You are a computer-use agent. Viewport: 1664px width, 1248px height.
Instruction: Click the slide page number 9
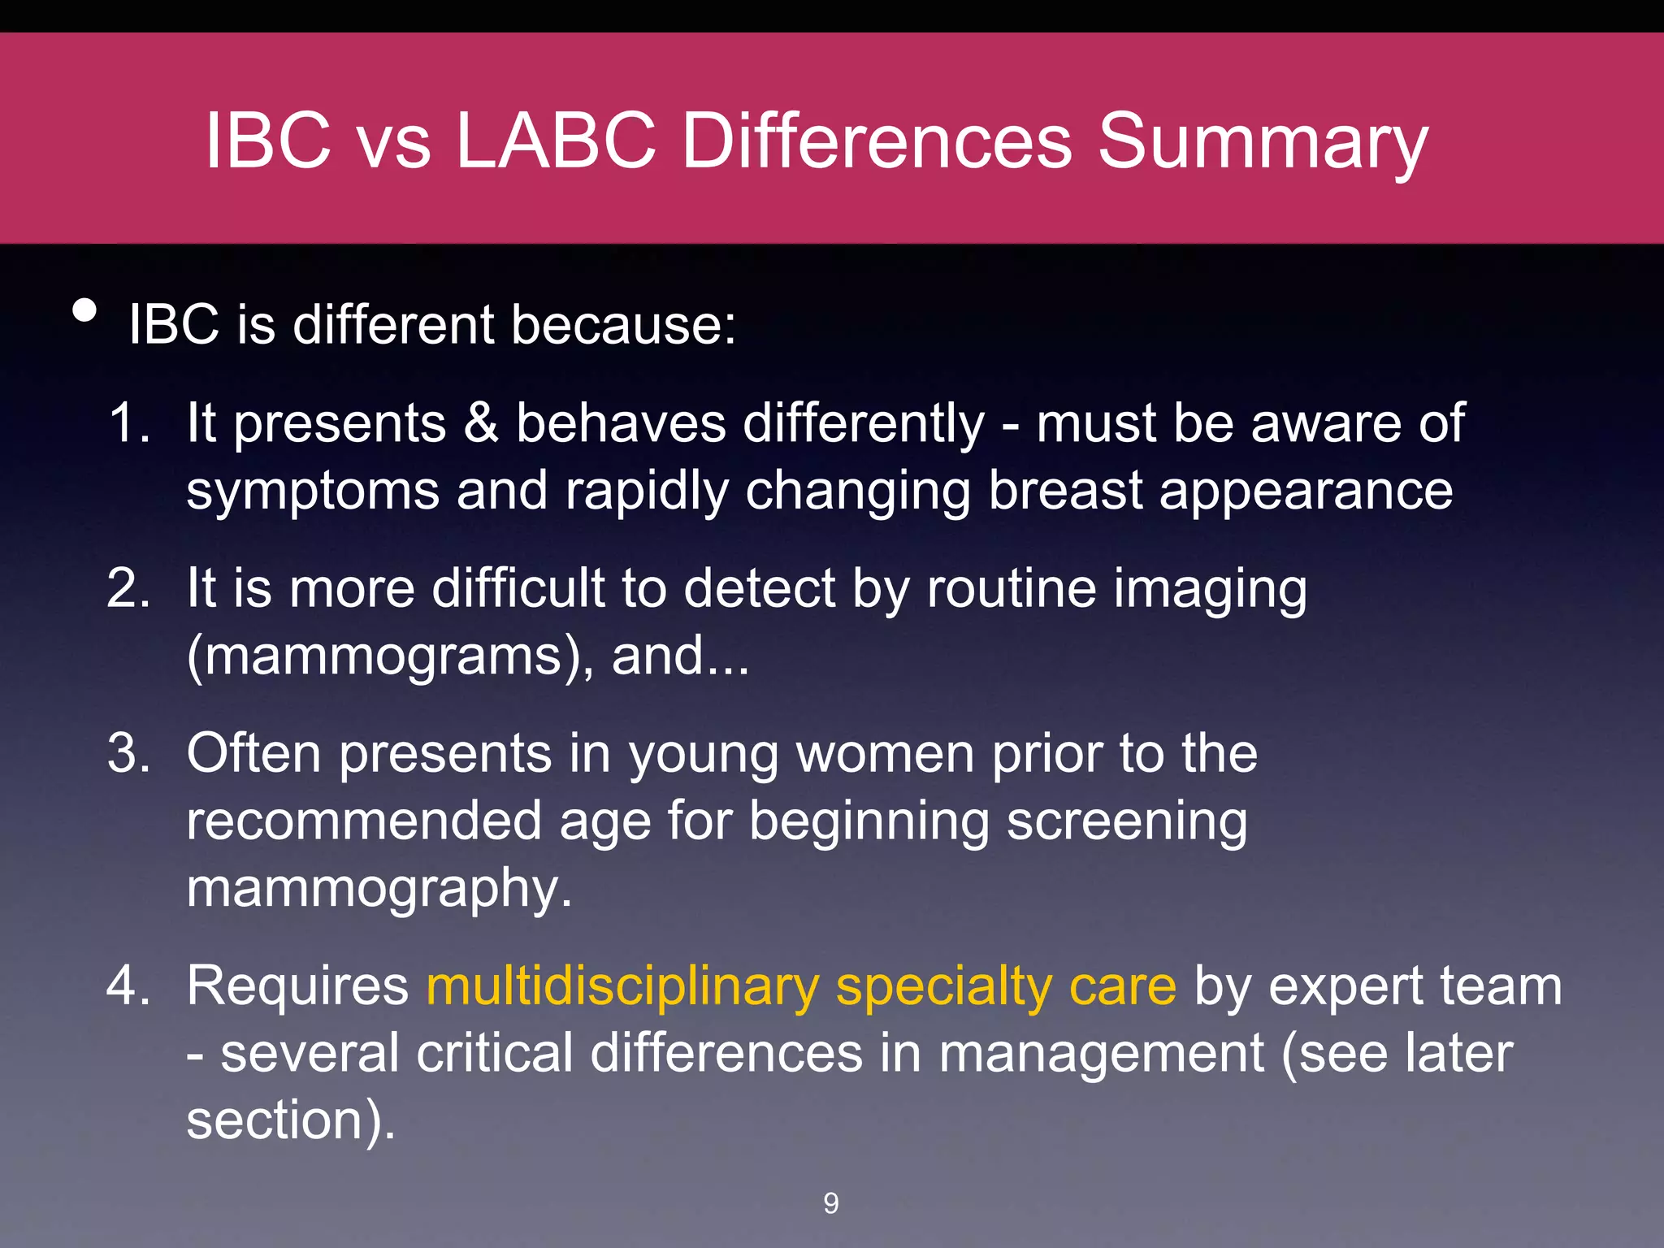pyautogui.click(x=830, y=1203)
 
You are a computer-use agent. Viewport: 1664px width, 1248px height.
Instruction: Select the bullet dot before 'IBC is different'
pyautogui.click(x=84, y=310)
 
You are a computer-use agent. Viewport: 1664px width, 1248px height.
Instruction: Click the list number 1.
pyautogui.click(x=128, y=422)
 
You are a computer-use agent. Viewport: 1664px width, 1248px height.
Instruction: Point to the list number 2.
pyautogui.click(x=128, y=588)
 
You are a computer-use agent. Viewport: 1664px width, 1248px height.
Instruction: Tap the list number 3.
pyautogui.click(x=128, y=753)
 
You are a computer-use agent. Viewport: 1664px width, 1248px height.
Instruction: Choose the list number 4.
pyautogui.click(x=128, y=986)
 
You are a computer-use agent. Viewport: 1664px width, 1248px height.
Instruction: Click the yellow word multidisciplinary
pyautogui.click(x=622, y=987)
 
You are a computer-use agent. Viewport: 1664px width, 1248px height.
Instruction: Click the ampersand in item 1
pyautogui.click(x=481, y=423)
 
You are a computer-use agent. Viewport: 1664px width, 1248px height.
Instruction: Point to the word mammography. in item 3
pyautogui.click(x=379, y=889)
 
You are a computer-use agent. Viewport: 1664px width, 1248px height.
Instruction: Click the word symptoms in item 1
pyautogui.click(x=313, y=492)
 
